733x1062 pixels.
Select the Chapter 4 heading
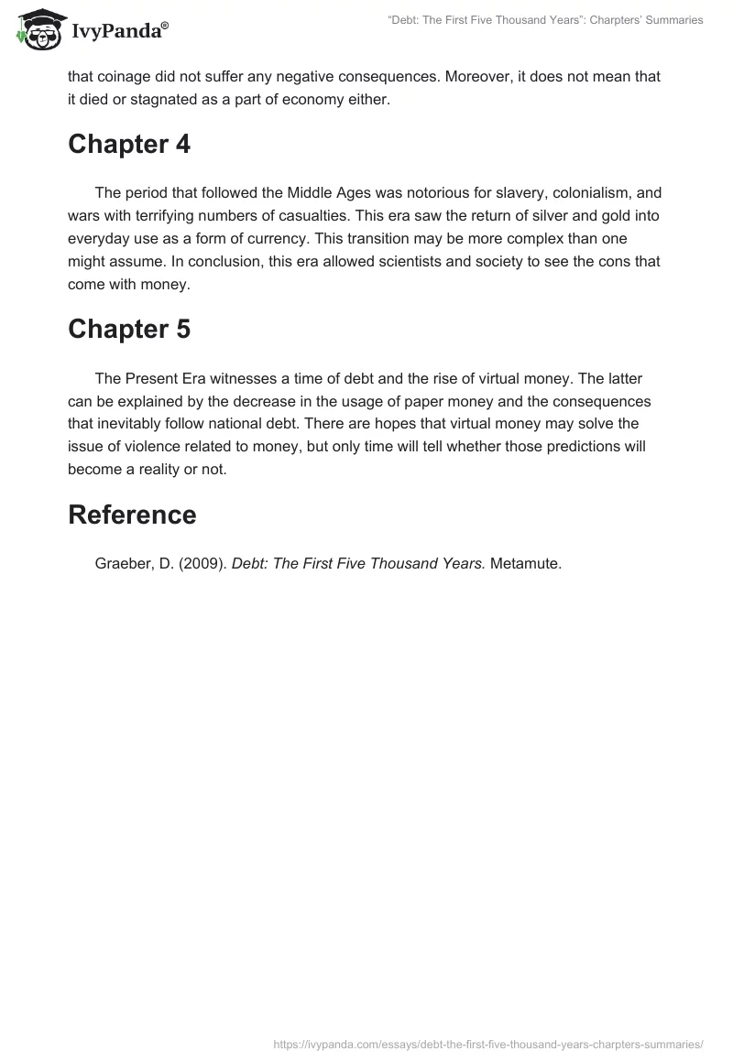pos(129,144)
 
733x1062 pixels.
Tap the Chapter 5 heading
pos(129,329)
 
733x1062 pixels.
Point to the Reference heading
pos(132,515)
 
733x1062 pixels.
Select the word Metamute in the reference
pos(525,564)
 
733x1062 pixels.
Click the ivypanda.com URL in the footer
pos(488,1044)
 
